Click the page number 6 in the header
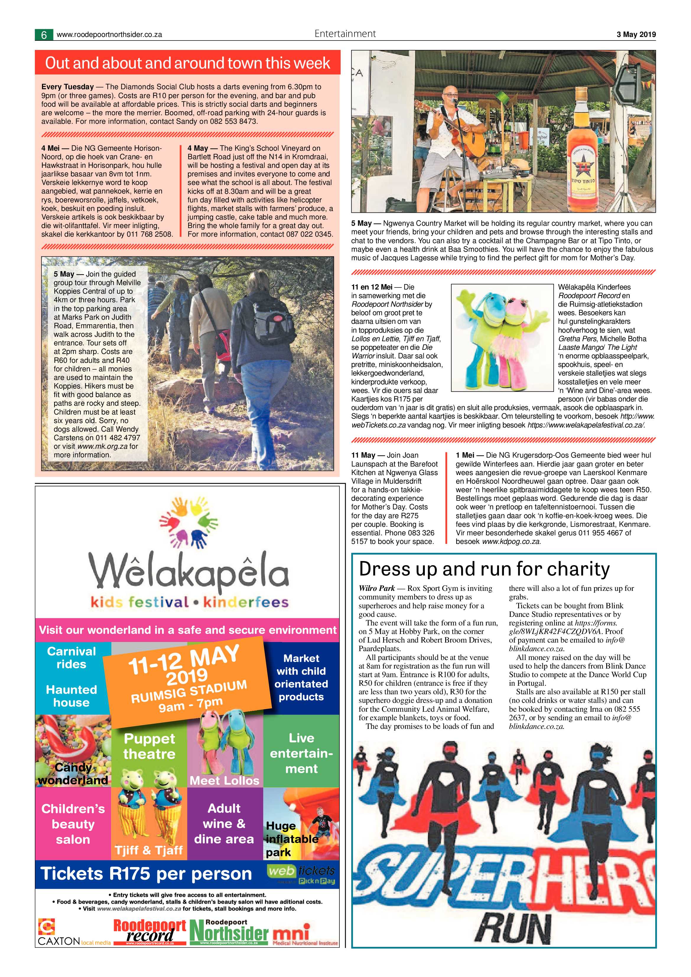click(44, 35)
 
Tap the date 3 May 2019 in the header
click(636, 35)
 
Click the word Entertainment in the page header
click(345, 34)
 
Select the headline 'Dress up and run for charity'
click(484, 569)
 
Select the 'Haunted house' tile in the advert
click(71, 696)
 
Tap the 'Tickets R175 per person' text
click(146, 874)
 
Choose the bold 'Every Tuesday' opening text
click(67, 87)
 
